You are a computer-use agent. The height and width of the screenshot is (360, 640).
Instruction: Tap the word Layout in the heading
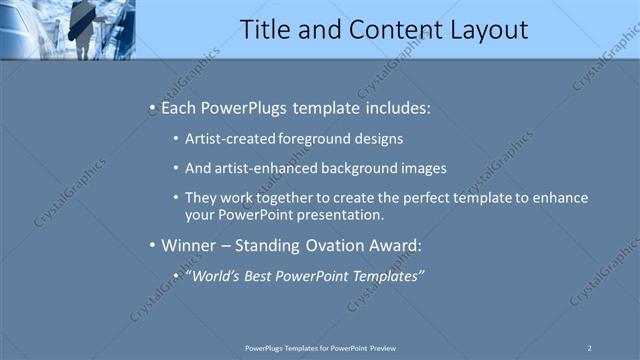point(482,30)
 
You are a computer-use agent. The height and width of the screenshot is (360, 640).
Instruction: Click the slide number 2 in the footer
point(590,347)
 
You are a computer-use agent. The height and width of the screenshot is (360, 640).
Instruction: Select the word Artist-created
point(225,139)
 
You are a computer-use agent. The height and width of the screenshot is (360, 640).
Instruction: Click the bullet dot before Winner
point(151,245)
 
